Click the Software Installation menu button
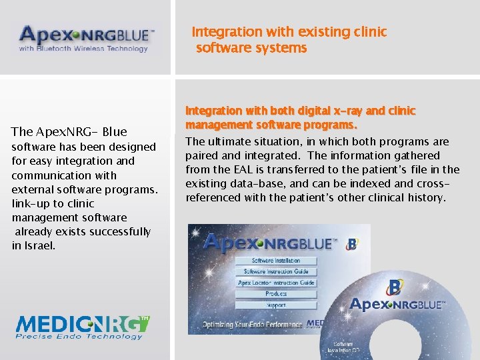(x=276, y=261)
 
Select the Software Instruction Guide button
(x=276, y=271)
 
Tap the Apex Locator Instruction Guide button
(x=276, y=283)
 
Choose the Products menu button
(x=276, y=294)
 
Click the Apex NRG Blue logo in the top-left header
(x=87, y=39)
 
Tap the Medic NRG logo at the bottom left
(x=83, y=327)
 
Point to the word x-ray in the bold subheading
(x=325, y=111)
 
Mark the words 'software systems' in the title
(x=251, y=48)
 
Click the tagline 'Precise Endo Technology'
(x=80, y=337)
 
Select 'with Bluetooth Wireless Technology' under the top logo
(x=83, y=49)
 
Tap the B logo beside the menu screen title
(x=351, y=245)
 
